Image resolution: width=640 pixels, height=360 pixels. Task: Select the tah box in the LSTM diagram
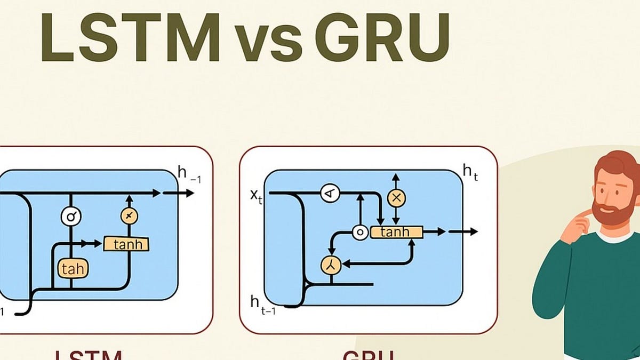tap(72, 268)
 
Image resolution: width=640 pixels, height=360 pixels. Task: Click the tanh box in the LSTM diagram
tap(126, 244)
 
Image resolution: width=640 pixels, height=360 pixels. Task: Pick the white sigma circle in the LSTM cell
tap(70, 217)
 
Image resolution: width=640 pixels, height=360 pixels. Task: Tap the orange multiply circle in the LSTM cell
tap(129, 215)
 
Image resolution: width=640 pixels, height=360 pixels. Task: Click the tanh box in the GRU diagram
tap(396, 232)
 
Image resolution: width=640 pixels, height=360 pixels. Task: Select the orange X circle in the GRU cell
tap(396, 198)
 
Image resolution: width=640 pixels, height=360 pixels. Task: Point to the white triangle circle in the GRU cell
tap(330, 193)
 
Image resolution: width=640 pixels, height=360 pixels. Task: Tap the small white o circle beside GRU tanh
tap(361, 233)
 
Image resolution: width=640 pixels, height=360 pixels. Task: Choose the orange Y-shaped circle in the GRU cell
tap(330, 264)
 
